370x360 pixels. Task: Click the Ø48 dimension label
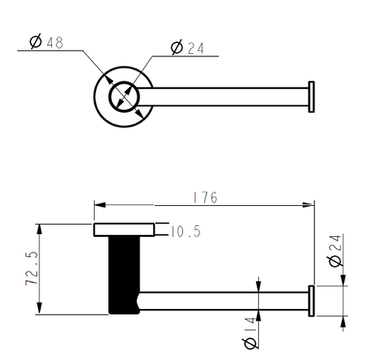47,41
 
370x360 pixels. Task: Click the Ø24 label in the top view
187,47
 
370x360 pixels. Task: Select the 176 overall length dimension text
205,198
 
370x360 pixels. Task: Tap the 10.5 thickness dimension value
186,232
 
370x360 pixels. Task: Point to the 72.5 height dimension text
32,268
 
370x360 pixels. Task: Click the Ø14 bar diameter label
249,333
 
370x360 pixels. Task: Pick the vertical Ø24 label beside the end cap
334,250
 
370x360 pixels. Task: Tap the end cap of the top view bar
312,97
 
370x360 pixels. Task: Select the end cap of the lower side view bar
312,301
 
